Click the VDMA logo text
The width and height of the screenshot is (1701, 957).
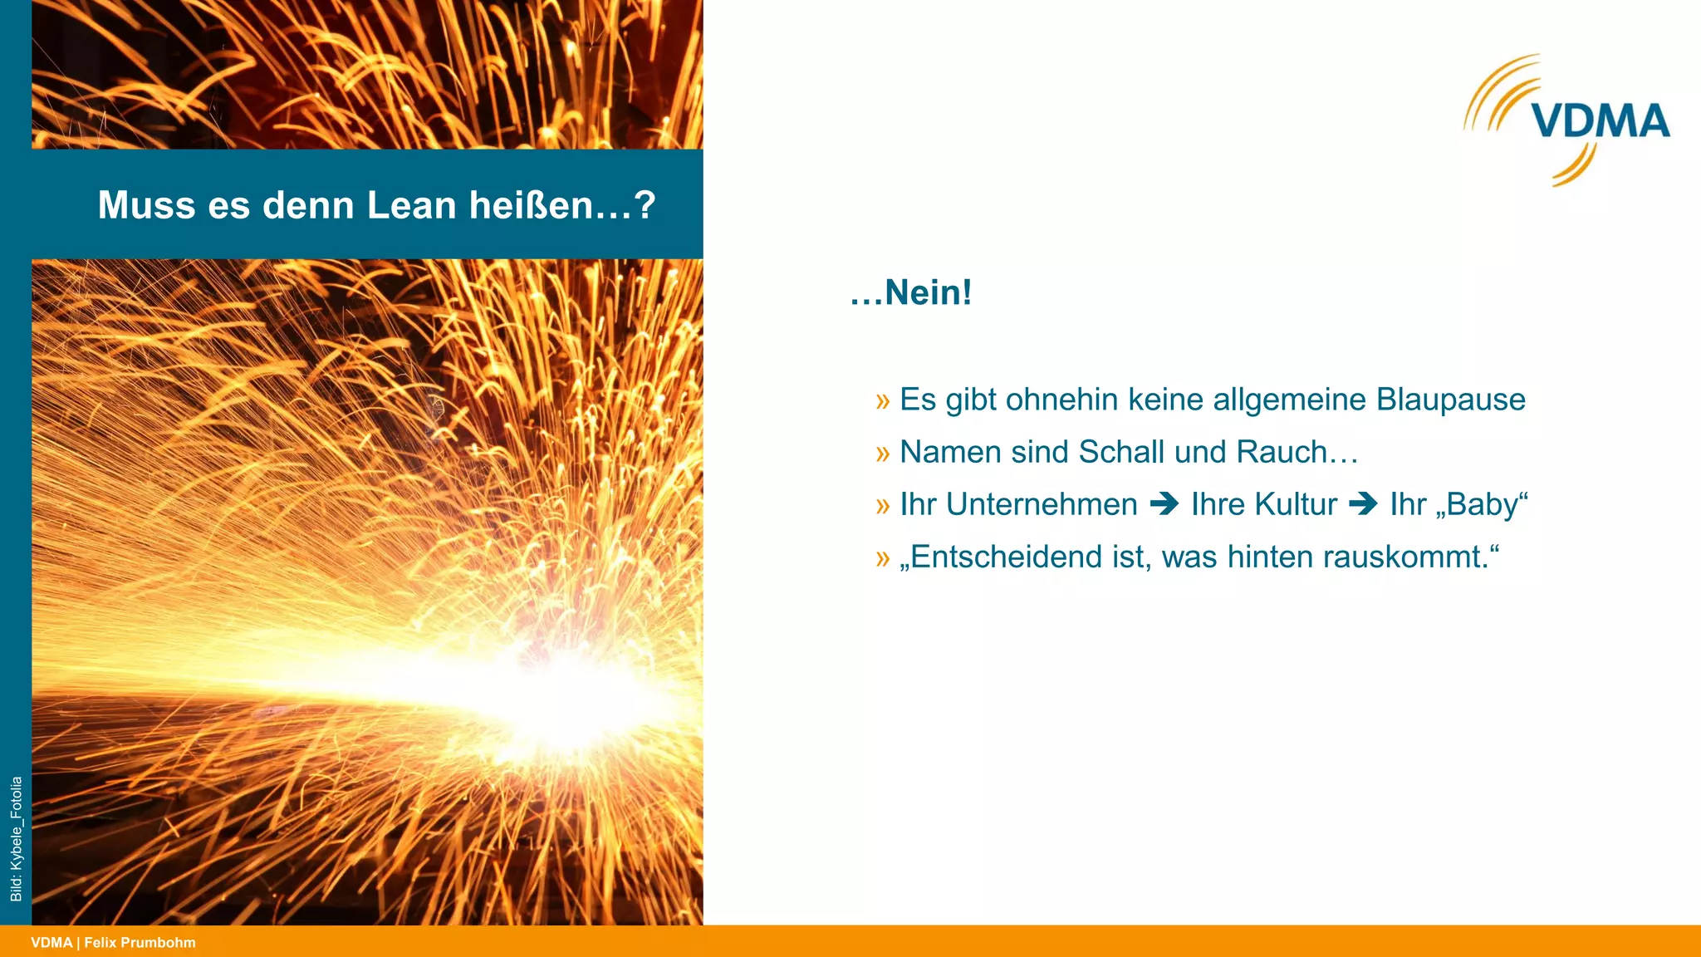(1601, 121)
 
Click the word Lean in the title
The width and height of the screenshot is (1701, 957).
(411, 205)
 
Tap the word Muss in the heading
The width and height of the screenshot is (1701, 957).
(145, 205)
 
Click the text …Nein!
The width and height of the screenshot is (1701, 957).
(911, 292)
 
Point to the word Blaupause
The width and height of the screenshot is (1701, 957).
(1450, 400)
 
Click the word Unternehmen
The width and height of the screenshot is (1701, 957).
(1042, 504)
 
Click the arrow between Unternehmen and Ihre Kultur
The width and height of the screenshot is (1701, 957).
(1164, 504)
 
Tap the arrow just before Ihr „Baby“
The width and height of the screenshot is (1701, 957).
(1363, 504)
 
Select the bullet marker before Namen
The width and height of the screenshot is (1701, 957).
(882, 453)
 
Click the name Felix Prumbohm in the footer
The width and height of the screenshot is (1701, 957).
(140, 943)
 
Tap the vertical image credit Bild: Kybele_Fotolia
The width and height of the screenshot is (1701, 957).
(16, 839)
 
